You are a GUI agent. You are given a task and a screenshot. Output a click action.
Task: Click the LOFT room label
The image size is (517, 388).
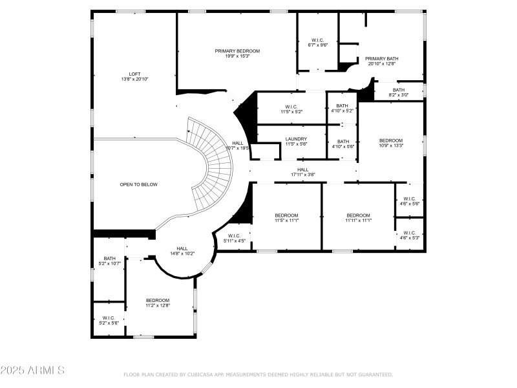coord(134,74)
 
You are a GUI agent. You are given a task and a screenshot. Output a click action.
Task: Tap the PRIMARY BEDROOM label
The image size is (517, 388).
coord(237,50)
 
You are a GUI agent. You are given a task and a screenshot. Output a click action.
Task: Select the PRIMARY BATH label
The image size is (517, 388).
coord(381,58)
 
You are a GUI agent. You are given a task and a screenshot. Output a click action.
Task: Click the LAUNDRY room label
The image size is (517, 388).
coord(296,139)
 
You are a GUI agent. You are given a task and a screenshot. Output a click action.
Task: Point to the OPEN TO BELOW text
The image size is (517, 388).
coord(138,184)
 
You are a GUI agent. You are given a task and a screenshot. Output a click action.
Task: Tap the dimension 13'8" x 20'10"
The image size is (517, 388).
coord(134,79)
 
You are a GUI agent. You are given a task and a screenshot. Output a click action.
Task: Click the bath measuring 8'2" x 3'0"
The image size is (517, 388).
coord(399,92)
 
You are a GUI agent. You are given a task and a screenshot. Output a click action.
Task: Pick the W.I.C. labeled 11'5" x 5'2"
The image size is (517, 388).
coord(291,109)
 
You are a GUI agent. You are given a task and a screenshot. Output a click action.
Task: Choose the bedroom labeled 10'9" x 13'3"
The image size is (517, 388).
coord(390,143)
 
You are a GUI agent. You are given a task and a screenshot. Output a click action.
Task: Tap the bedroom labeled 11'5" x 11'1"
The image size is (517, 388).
coord(286,217)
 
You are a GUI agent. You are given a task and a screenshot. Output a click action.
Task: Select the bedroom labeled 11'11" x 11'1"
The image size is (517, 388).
coord(358,217)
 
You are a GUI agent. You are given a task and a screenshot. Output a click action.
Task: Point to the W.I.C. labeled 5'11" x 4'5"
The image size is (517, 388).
coord(234,238)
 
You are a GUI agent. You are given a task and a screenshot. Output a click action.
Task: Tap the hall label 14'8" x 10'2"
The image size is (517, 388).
coord(182,251)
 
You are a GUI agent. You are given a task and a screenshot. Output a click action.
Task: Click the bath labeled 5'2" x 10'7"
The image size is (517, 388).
coord(110,261)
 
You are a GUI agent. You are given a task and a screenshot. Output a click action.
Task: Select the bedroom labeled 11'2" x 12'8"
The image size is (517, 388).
coord(158,303)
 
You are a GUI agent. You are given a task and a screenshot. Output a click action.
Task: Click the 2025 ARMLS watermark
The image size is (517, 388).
coord(32,371)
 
